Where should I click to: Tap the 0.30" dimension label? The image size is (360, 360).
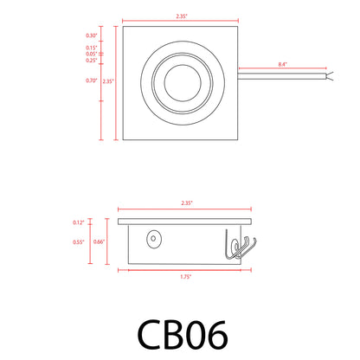coord(91,35)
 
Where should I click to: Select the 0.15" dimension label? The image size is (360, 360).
coord(91,47)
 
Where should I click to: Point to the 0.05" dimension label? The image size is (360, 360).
coord(91,54)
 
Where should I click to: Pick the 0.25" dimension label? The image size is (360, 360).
coord(91,61)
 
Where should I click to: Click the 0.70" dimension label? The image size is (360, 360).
coord(91,80)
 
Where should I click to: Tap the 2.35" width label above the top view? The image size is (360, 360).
coord(180,15)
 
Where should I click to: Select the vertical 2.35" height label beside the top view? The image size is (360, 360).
coord(108,80)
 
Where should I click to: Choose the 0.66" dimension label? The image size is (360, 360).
coord(101,242)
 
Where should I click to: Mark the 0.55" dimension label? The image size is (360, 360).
coord(80,242)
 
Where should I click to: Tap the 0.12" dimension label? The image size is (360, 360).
coord(80,222)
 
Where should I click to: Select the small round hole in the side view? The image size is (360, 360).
coord(155,237)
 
